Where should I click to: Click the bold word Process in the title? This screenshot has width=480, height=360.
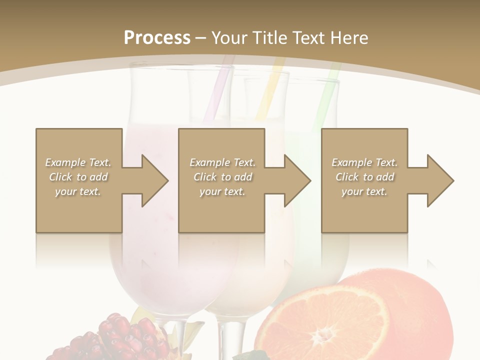pos(157,37)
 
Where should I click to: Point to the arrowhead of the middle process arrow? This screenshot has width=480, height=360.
pos(297,180)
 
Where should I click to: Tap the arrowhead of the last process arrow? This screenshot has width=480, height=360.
pos(440,180)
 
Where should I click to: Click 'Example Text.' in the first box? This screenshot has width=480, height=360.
pos(78,162)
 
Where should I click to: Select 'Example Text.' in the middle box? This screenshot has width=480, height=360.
pos(222,162)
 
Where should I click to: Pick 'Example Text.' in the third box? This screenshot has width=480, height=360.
pos(364,162)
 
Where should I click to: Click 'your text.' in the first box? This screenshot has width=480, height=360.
pos(78,191)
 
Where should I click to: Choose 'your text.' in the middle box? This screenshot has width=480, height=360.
pos(222,191)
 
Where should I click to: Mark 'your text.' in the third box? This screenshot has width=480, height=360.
pos(364,191)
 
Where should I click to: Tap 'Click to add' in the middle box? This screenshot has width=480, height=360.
pos(222,177)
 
